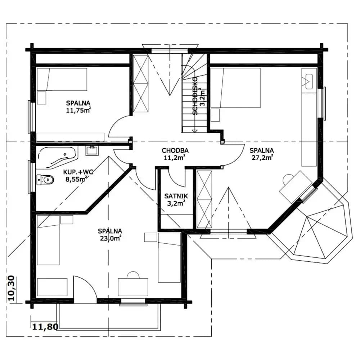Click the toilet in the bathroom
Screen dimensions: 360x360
point(45,180)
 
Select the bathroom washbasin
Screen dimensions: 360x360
point(92,150)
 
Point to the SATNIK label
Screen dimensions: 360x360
point(176,196)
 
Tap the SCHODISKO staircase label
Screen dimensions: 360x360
point(195,96)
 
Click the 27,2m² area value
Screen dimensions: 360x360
point(262,158)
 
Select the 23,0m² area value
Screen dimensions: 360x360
point(111,238)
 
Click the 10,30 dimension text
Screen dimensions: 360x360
point(12,288)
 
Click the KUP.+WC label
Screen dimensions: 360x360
point(78,172)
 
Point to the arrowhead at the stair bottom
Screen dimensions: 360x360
point(195,131)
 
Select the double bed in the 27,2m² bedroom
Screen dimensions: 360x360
point(235,88)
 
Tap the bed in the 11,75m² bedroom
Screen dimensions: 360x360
point(62,79)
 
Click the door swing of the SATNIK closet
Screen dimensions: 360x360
point(177,179)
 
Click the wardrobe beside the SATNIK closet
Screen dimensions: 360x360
point(204,199)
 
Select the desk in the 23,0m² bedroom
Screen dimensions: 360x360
point(133,287)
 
